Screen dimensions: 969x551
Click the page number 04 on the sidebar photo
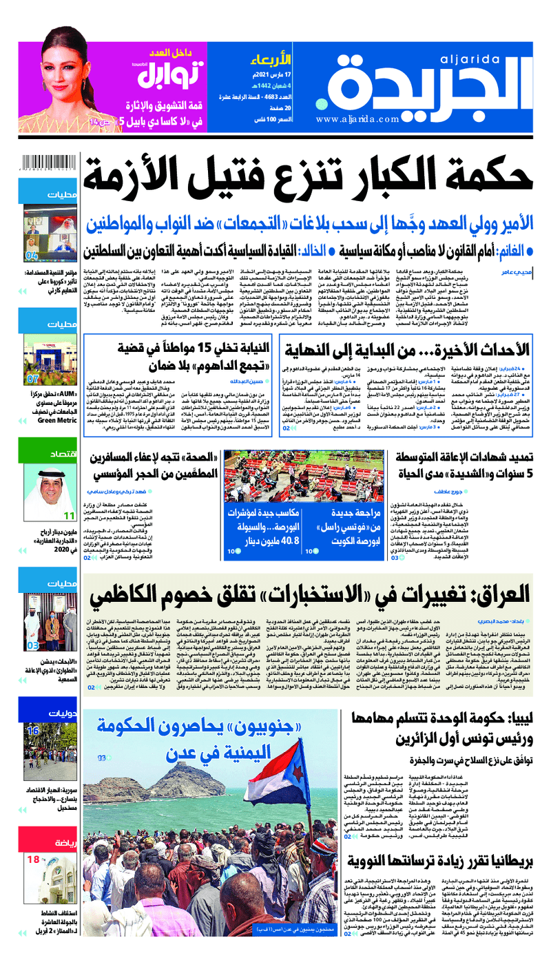(x=32, y=256)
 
